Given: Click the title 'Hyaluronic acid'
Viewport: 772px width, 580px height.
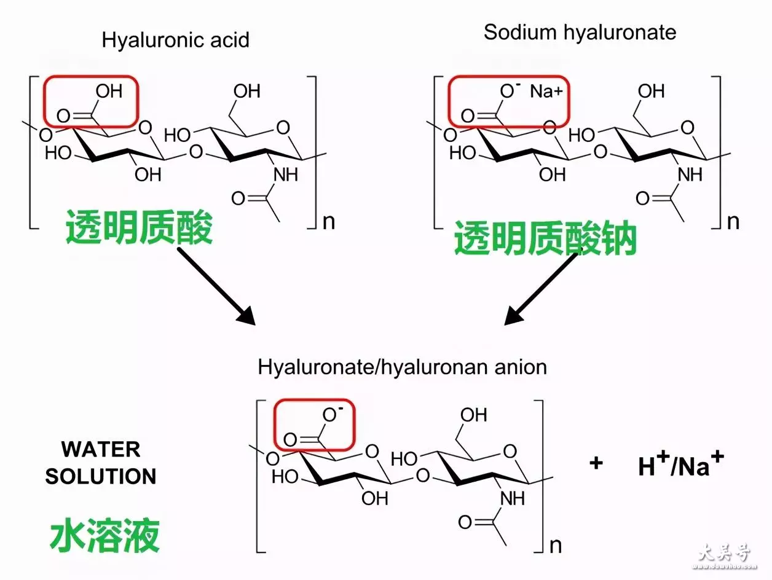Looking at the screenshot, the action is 176,41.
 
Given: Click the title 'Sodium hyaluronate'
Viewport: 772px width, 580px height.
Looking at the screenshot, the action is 580,33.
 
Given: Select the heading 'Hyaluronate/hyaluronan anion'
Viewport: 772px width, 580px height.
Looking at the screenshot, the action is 403,367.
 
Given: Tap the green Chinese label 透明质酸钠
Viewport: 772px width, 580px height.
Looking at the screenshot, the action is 545,238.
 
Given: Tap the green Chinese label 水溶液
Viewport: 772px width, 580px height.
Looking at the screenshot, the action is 105,535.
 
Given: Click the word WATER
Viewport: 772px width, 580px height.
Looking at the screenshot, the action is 101,449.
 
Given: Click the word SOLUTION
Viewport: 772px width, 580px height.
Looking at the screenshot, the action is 101,476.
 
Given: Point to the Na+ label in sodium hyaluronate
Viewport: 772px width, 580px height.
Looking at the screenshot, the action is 546,92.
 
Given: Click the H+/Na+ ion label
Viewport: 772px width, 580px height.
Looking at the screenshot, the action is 681,464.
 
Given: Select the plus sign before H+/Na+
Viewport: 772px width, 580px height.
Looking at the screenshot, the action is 596,463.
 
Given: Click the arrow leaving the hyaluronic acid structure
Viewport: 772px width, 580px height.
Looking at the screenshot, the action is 216,286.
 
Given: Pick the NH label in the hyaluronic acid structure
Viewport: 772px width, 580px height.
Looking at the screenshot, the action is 286,174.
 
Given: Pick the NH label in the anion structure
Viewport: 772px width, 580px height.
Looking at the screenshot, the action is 513,498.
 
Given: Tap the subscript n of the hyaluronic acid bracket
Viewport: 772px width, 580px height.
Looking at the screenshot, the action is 329,222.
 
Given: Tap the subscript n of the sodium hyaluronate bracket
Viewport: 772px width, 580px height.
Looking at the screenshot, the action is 733,222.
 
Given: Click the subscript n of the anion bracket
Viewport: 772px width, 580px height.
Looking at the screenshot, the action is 556,546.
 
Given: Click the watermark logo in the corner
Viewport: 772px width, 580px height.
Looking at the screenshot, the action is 725,555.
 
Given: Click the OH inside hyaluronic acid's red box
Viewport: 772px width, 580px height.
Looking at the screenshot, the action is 109,92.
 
